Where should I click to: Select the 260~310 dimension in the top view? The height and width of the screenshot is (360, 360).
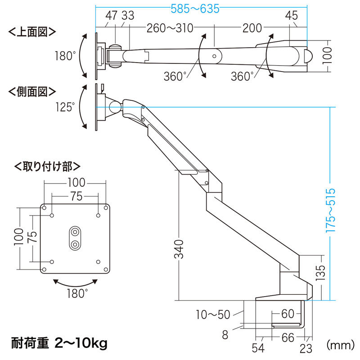(169, 28)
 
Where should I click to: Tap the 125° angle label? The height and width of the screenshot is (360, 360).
(66, 107)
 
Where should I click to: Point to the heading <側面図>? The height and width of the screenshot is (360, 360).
(32, 91)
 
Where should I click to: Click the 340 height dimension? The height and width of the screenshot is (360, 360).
(179, 249)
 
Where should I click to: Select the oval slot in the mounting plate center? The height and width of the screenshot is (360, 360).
(75, 237)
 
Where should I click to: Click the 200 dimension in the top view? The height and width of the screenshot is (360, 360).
(252, 28)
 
